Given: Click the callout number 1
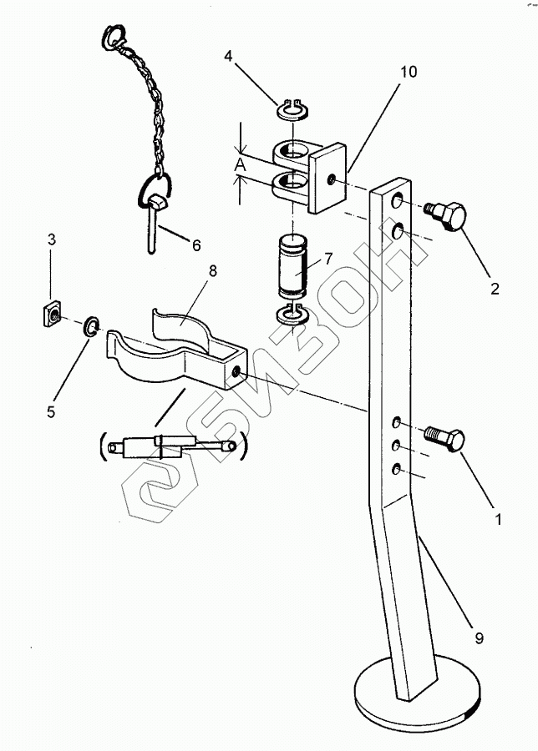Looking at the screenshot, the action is coord(498,519).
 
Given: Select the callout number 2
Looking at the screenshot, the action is coord(495,289).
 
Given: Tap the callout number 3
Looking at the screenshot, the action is coord(51,239).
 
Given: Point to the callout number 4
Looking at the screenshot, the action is coord(228,56).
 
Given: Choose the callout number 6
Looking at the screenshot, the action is coord(196,245).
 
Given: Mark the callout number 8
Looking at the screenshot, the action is coord(213,271).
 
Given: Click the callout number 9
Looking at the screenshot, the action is coord(479,638).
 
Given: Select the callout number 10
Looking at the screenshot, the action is coord(409,72).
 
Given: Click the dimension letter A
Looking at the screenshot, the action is coord(241,165).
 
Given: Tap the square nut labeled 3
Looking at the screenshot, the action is coord(52,314).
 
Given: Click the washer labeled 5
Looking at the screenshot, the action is coord(90,326).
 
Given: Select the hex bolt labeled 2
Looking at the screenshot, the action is coord(446,215).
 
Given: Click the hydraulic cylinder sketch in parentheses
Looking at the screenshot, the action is coord(174,447).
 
